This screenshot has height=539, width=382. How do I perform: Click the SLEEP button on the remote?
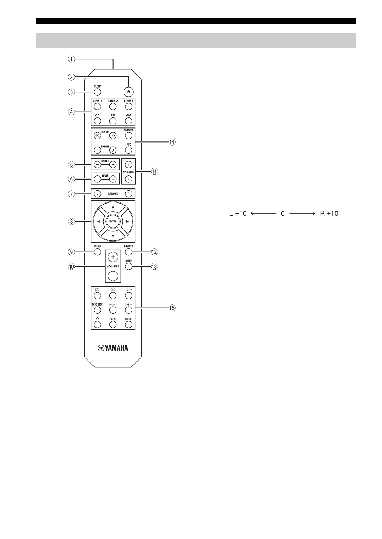(97, 92)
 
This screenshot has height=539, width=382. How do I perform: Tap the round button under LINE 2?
(113, 107)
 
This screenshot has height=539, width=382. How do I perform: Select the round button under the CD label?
(97, 121)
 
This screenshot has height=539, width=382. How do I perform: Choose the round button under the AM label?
(129, 121)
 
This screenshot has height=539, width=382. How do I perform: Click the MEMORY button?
(129, 136)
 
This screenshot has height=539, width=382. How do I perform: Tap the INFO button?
(129, 150)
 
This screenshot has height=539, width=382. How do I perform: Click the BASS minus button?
(97, 179)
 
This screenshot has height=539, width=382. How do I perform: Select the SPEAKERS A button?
(129, 165)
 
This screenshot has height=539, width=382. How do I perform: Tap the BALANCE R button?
(129, 194)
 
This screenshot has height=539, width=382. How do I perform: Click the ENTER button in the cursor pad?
(113, 221)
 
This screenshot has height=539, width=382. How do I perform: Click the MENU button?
(97, 252)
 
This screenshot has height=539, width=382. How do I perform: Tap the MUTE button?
(129, 266)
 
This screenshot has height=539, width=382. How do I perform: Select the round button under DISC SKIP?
(97, 310)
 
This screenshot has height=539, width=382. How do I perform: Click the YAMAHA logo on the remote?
(113, 348)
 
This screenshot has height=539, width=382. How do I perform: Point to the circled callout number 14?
(172, 142)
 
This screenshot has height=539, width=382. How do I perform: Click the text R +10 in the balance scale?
(329, 214)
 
